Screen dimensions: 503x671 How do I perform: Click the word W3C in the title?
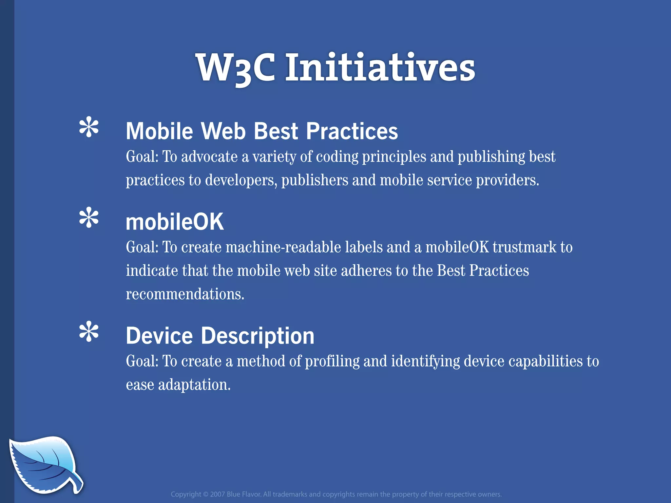click(235, 68)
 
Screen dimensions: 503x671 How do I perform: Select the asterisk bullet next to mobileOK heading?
click(89, 217)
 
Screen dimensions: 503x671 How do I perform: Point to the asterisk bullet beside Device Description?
click(89, 332)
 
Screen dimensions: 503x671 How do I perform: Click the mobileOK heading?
click(175, 222)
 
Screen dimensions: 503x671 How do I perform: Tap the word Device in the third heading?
click(159, 336)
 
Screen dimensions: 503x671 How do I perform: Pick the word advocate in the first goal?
click(209, 157)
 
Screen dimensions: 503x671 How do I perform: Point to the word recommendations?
click(185, 294)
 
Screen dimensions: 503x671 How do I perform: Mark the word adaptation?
click(194, 385)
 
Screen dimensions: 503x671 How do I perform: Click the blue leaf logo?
click(45, 464)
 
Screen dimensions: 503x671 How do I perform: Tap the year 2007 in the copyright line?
click(217, 494)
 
